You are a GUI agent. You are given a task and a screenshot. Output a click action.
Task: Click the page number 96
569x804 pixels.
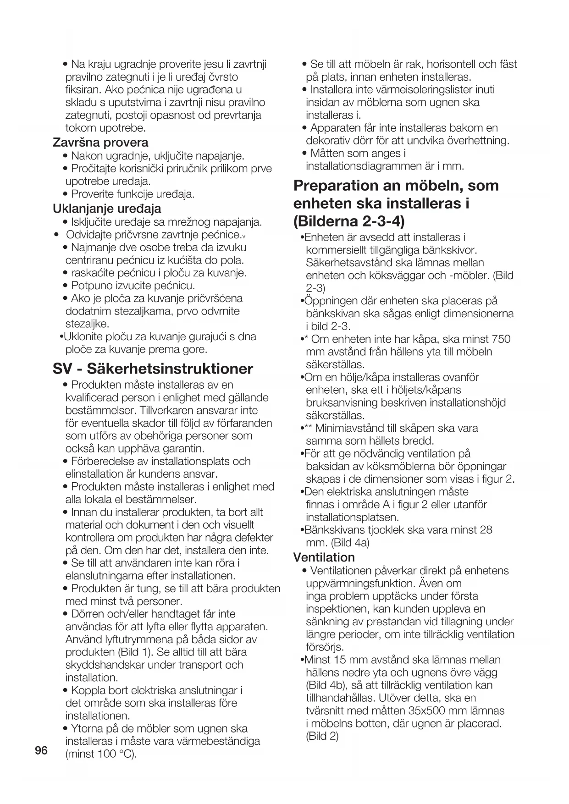[41, 751]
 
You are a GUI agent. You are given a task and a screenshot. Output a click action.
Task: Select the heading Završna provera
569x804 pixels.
[101, 143]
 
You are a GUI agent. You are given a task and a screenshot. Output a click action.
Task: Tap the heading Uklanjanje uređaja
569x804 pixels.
[107, 209]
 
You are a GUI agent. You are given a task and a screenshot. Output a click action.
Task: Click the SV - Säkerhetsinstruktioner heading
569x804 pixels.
[153, 369]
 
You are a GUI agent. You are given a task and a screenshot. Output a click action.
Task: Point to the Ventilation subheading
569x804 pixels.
[324, 557]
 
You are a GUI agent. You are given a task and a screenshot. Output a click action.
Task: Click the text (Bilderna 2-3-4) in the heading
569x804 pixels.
[349, 221]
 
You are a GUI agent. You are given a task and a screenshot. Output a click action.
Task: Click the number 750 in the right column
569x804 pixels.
[500, 339]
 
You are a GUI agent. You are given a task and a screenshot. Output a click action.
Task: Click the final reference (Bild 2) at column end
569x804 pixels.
[322, 737]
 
